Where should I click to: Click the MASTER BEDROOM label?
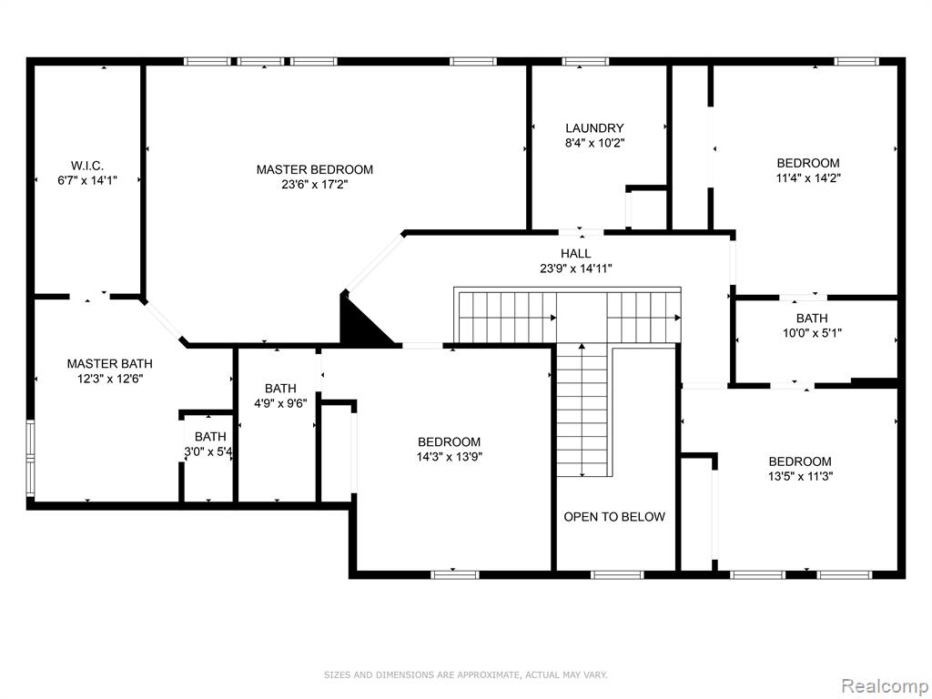pos(314,169)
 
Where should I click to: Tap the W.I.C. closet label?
pos(87,166)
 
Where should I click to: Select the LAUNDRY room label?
pos(594,127)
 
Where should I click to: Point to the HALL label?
pos(575,253)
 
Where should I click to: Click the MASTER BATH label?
pos(109,363)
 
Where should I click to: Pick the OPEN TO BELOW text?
pos(614,517)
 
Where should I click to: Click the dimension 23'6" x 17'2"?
pos(314,184)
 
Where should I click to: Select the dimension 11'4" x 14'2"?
pos(808,177)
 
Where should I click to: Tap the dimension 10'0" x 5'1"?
pos(812,333)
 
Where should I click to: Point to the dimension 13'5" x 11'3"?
pos(800,476)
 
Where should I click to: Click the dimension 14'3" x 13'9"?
pos(449,457)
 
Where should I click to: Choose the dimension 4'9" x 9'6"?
pos(280,403)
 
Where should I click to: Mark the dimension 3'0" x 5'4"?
pos(208,451)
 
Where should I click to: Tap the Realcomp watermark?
pos(884,686)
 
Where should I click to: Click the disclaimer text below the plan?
pos(465,674)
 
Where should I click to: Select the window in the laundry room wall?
pos(585,61)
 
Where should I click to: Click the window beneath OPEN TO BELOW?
pos(617,575)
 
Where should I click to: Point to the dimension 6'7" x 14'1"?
pos(87,180)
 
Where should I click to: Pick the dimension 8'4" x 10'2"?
pos(594,143)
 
